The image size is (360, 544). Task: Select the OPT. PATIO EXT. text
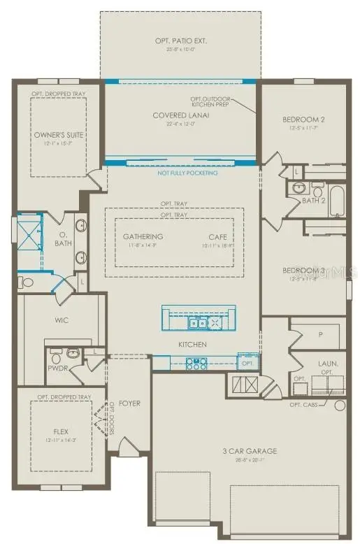coord(180,41)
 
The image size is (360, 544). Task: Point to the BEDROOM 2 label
coord(303,120)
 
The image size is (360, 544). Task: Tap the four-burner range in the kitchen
coord(196,363)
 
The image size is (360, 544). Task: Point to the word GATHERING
coord(143,236)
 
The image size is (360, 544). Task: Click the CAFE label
coord(217,236)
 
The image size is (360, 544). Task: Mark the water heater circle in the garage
coord(340,405)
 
